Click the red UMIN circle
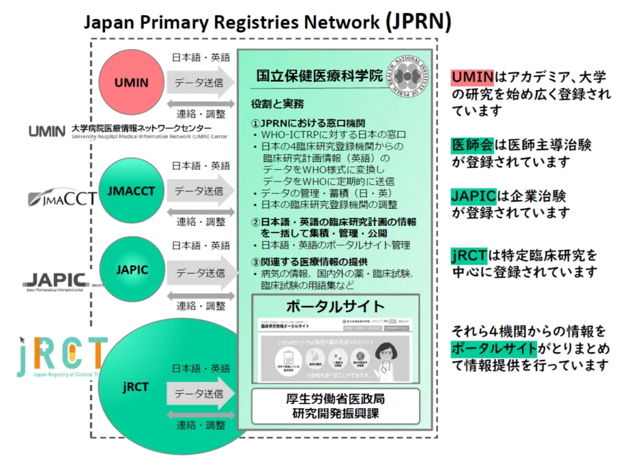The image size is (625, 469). coord(131,82)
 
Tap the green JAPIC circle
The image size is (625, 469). coord(131,269)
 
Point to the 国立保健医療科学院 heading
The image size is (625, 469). coord(319,76)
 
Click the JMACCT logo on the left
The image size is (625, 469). coord(62,200)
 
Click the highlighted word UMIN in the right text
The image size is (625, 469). coord(472,76)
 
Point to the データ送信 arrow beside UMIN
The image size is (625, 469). coord(199,82)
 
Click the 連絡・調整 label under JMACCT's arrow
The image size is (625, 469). coord(200,221)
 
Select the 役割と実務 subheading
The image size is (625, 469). coord(277,105)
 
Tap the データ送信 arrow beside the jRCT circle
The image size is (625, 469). coord(199,394)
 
